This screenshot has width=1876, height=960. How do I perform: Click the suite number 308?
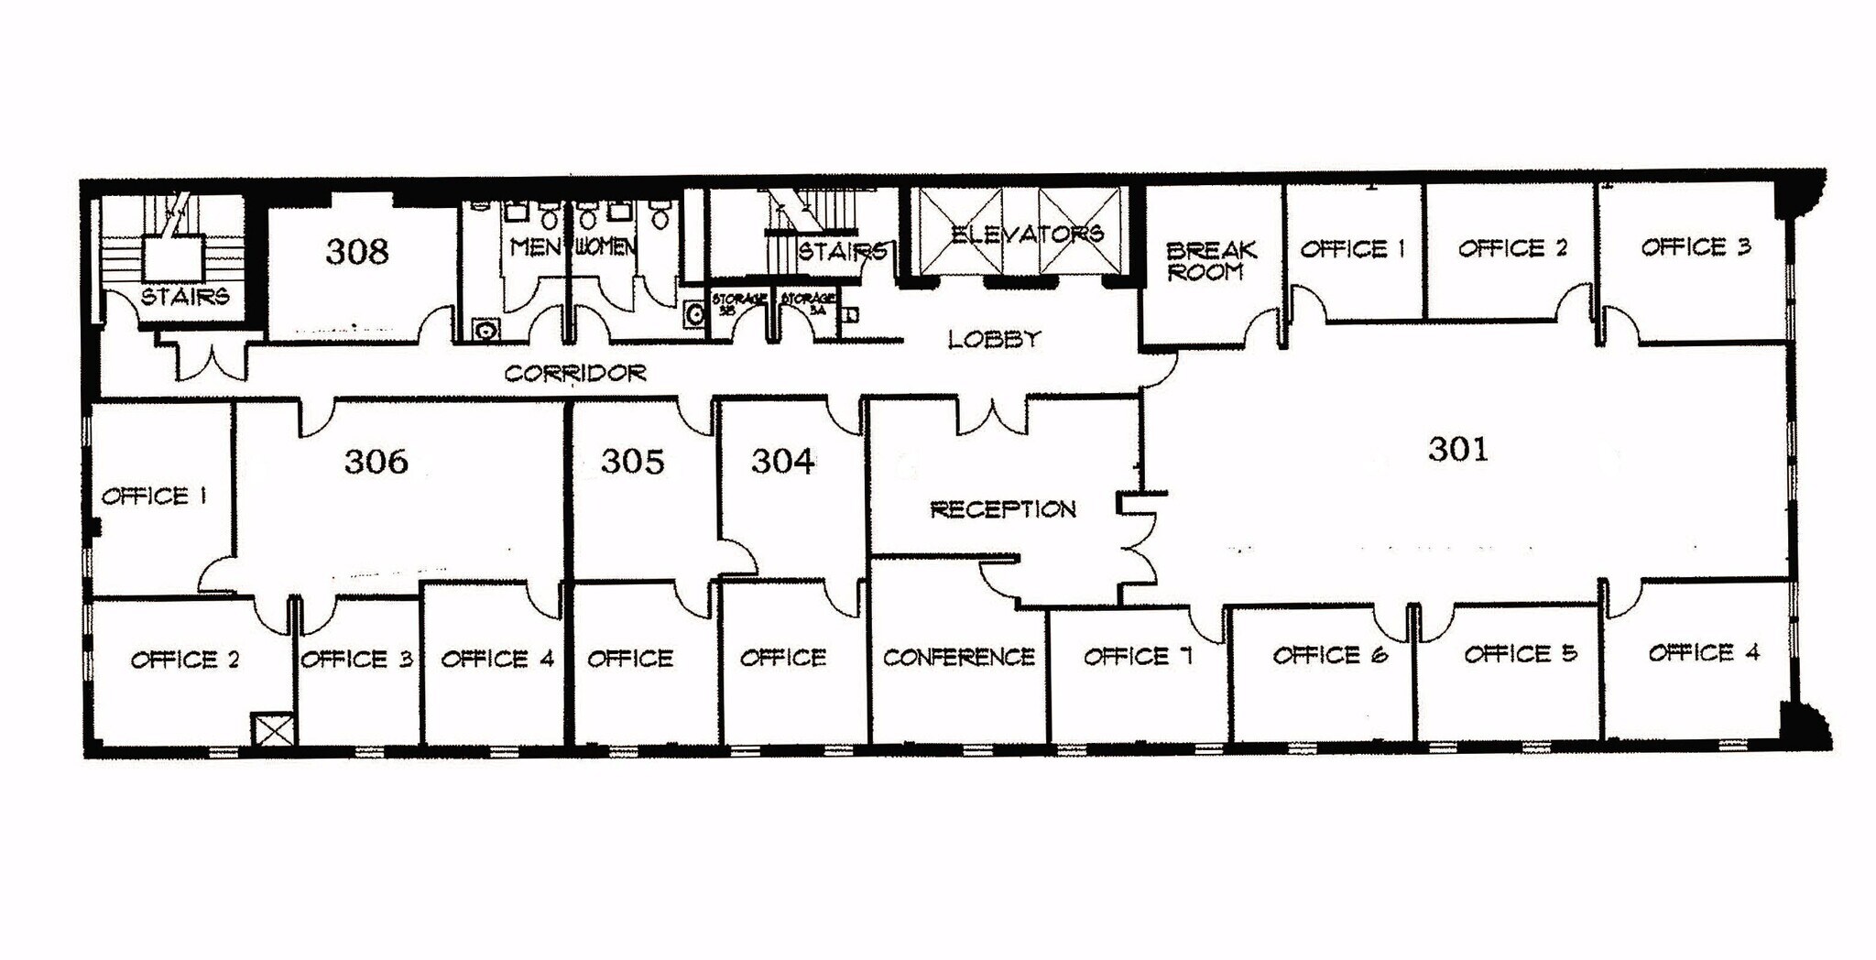[x=357, y=251]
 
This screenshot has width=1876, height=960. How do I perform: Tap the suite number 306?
[x=376, y=461]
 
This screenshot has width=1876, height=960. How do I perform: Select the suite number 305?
[x=632, y=461]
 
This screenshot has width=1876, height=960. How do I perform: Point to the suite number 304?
[x=782, y=461]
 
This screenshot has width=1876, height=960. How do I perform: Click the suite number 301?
[x=1458, y=449]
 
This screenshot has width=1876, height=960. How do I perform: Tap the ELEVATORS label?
[x=1026, y=235]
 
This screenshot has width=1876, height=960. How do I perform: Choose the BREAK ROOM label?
[x=1210, y=260]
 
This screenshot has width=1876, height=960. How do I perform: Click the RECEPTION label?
[x=1003, y=509]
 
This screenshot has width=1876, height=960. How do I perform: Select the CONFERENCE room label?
[x=959, y=657]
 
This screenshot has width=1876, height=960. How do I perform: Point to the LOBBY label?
[x=994, y=340]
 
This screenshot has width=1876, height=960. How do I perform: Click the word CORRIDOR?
[x=575, y=373]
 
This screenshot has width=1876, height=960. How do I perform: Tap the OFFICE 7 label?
[x=1138, y=656]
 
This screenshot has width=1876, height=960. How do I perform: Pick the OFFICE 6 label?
[x=1329, y=655]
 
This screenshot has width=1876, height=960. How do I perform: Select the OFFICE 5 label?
[x=1520, y=654]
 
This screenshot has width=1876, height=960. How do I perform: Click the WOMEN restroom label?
[x=605, y=246]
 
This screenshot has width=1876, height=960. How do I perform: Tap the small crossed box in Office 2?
[x=274, y=730]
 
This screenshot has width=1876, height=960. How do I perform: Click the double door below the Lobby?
[x=992, y=415]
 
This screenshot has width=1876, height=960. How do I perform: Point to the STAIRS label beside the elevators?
[x=841, y=250]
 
